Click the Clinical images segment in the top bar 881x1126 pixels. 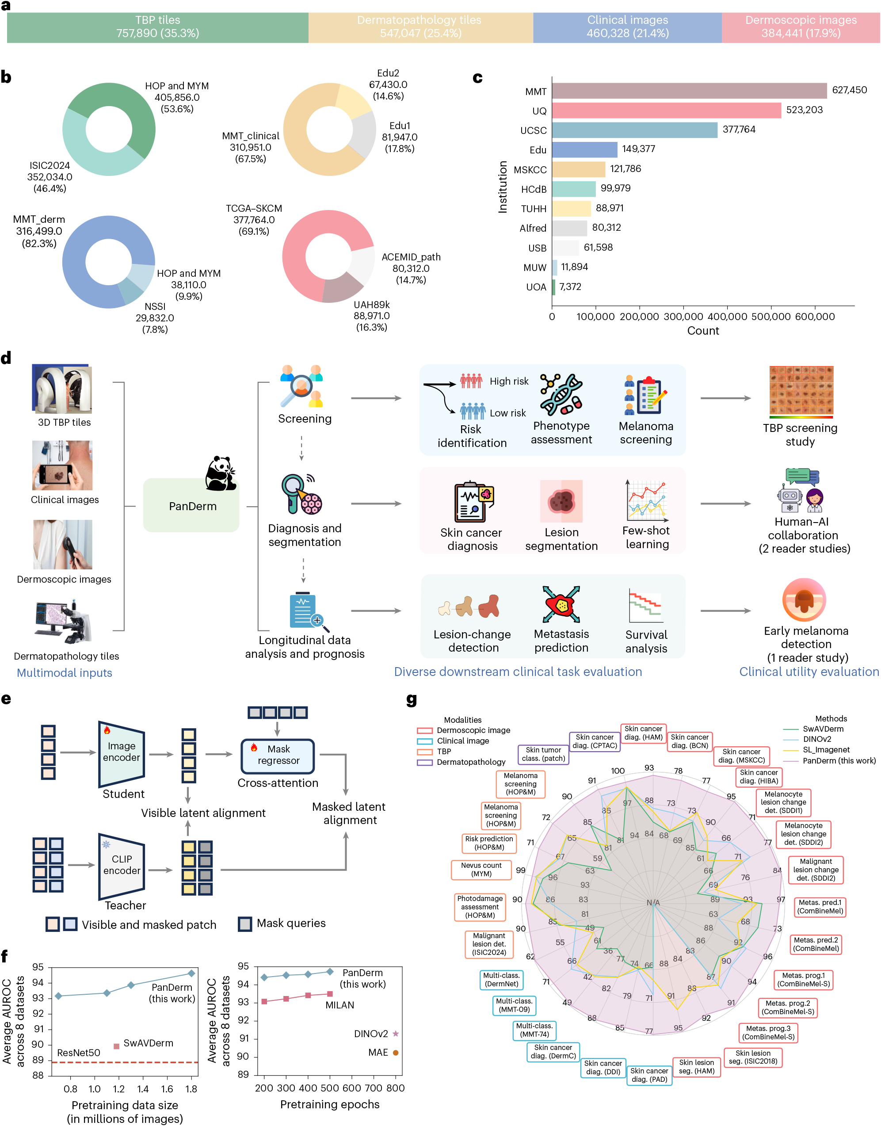coord(627,27)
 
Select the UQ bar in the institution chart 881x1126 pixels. coord(666,111)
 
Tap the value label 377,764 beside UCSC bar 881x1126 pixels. coord(739,130)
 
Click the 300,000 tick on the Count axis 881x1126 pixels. coord(683,317)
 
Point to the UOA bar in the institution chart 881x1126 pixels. coord(553,287)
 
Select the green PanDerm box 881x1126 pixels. coord(191,505)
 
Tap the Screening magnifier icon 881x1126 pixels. coord(302,386)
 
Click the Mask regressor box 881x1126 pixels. coord(278,755)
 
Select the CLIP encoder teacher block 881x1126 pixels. coord(122,865)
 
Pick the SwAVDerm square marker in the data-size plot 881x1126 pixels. coord(117,1046)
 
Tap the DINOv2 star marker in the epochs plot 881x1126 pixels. coord(396,1034)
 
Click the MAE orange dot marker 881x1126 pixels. coord(396,1053)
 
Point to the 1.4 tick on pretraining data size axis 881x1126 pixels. coord(143,1089)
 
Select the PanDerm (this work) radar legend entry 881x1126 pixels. coord(838,761)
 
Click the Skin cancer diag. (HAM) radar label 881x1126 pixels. coord(643,733)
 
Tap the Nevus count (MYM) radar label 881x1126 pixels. coord(481,870)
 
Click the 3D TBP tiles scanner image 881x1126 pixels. coord(62,389)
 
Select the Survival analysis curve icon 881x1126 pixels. coord(645,606)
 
